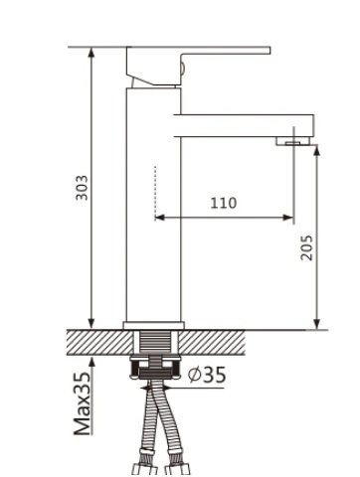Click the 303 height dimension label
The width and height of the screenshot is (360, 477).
coord(83,188)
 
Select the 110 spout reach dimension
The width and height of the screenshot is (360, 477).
coord(224,203)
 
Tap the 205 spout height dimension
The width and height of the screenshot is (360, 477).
coord(306,247)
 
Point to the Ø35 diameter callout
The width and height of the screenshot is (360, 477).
coord(207,375)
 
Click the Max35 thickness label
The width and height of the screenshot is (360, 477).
coord(82,403)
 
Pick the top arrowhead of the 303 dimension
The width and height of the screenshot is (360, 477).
coord(91,52)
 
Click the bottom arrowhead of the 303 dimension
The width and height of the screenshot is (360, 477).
coord(91,324)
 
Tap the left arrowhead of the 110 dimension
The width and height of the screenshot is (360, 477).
coord(159,218)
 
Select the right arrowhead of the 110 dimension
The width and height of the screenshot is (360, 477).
coord(288,218)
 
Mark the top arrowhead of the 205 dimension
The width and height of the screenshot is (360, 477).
coord(317,150)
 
